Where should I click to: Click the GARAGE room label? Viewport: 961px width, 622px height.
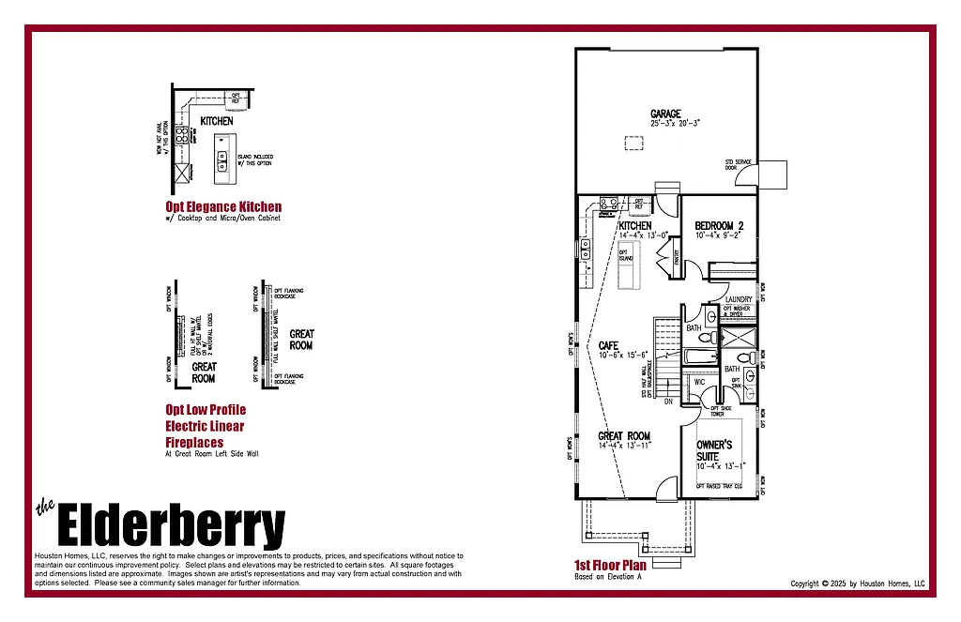pyautogui.click(x=665, y=114)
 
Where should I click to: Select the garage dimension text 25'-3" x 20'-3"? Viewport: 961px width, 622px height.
pyautogui.click(x=676, y=123)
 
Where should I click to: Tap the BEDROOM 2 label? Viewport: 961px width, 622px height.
pyautogui.click(x=719, y=226)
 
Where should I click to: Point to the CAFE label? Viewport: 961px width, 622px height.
pyautogui.click(x=608, y=346)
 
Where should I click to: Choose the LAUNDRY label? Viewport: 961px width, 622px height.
pyautogui.click(x=739, y=299)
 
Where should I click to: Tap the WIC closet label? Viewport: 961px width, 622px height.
pyautogui.click(x=699, y=382)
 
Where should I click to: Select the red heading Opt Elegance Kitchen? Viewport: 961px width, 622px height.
pyautogui.click(x=223, y=206)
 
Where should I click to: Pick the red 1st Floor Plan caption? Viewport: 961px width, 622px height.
pyautogui.click(x=610, y=566)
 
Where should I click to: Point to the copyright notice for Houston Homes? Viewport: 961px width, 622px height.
pyautogui.click(x=858, y=584)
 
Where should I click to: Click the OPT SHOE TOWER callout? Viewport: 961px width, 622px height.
pyautogui.click(x=721, y=410)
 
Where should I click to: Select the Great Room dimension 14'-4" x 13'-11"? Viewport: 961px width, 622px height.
pyautogui.click(x=624, y=446)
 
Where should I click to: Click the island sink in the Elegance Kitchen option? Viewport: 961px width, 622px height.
pyautogui.click(x=222, y=168)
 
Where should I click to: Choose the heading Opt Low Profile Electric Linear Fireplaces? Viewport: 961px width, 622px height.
pyautogui.click(x=205, y=425)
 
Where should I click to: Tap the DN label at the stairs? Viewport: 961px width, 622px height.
pyautogui.click(x=668, y=402)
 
